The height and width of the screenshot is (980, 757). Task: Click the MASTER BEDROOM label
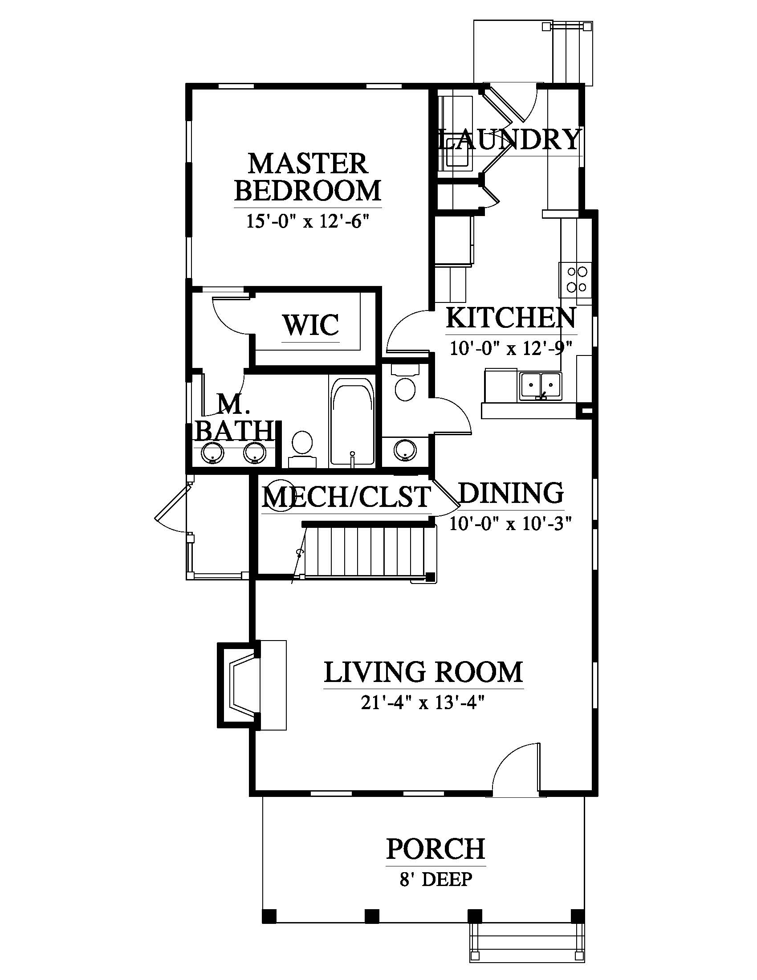pyautogui.click(x=308, y=177)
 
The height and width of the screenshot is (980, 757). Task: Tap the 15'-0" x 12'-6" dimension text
pyautogui.click(x=308, y=221)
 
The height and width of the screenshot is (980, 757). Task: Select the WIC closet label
pyautogui.click(x=311, y=325)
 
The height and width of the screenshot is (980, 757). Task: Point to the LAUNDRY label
pyautogui.click(x=509, y=139)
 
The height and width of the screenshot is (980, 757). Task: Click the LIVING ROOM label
pyautogui.click(x=423, y=672)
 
